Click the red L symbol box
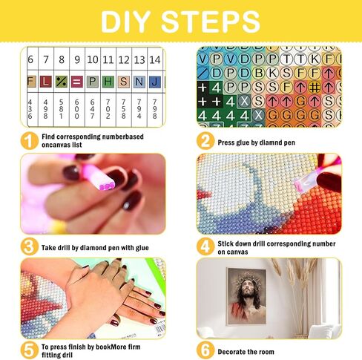45,79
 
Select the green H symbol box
107,79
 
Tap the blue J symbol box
154,79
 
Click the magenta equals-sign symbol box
76,79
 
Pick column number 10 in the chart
91,60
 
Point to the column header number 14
154,60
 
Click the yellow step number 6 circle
204,349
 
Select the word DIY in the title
128,22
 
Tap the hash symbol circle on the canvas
315,87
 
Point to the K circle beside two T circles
315,58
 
